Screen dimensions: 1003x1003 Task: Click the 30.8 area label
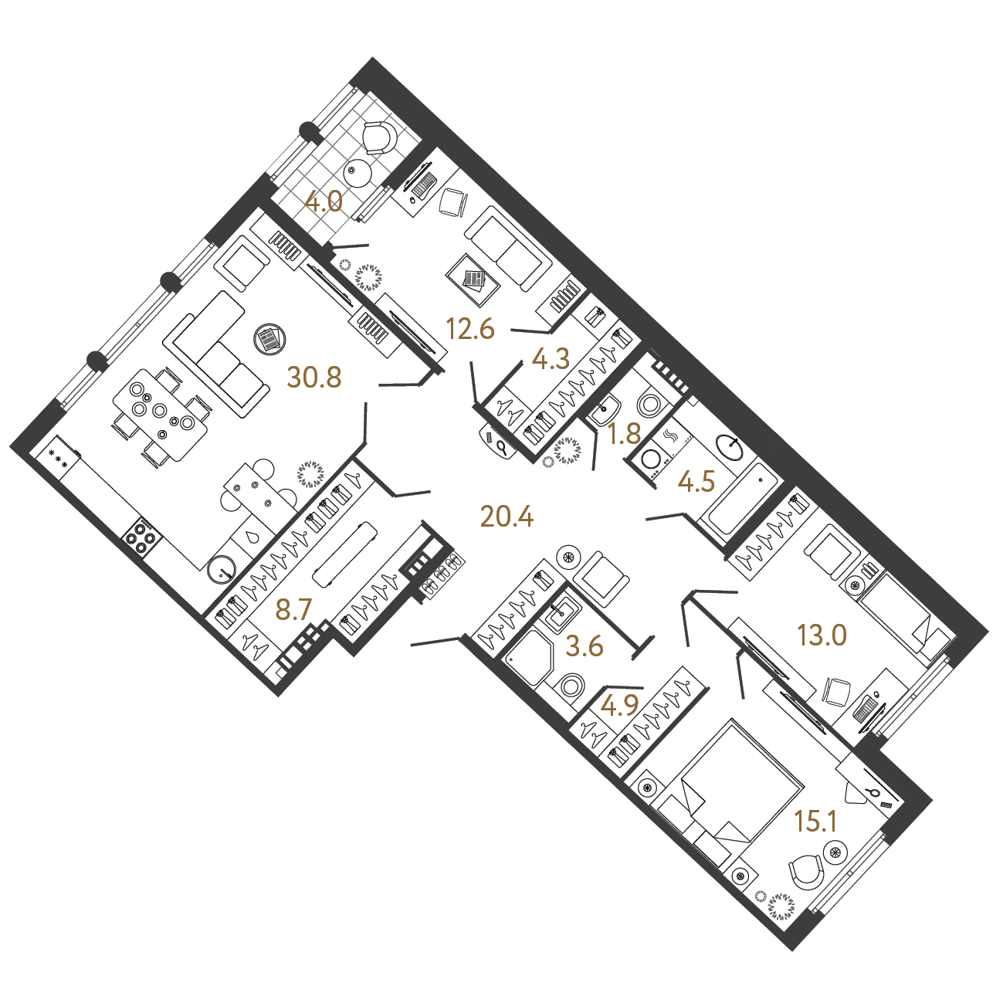(313, 378)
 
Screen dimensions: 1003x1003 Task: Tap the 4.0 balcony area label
(324, 202)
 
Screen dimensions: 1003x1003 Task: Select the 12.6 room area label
(470, 329)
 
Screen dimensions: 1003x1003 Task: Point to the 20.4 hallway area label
(507, 517)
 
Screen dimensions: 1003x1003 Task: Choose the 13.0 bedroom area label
(822, 635)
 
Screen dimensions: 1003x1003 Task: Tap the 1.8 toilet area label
(625, 434)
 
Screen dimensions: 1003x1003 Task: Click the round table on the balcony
(357, 172)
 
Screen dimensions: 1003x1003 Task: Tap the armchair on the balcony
(379, 137)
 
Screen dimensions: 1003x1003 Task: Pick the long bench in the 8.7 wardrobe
(344, 554)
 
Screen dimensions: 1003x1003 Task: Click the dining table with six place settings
(160, 415)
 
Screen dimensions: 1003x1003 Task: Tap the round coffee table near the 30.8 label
(269, 339)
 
